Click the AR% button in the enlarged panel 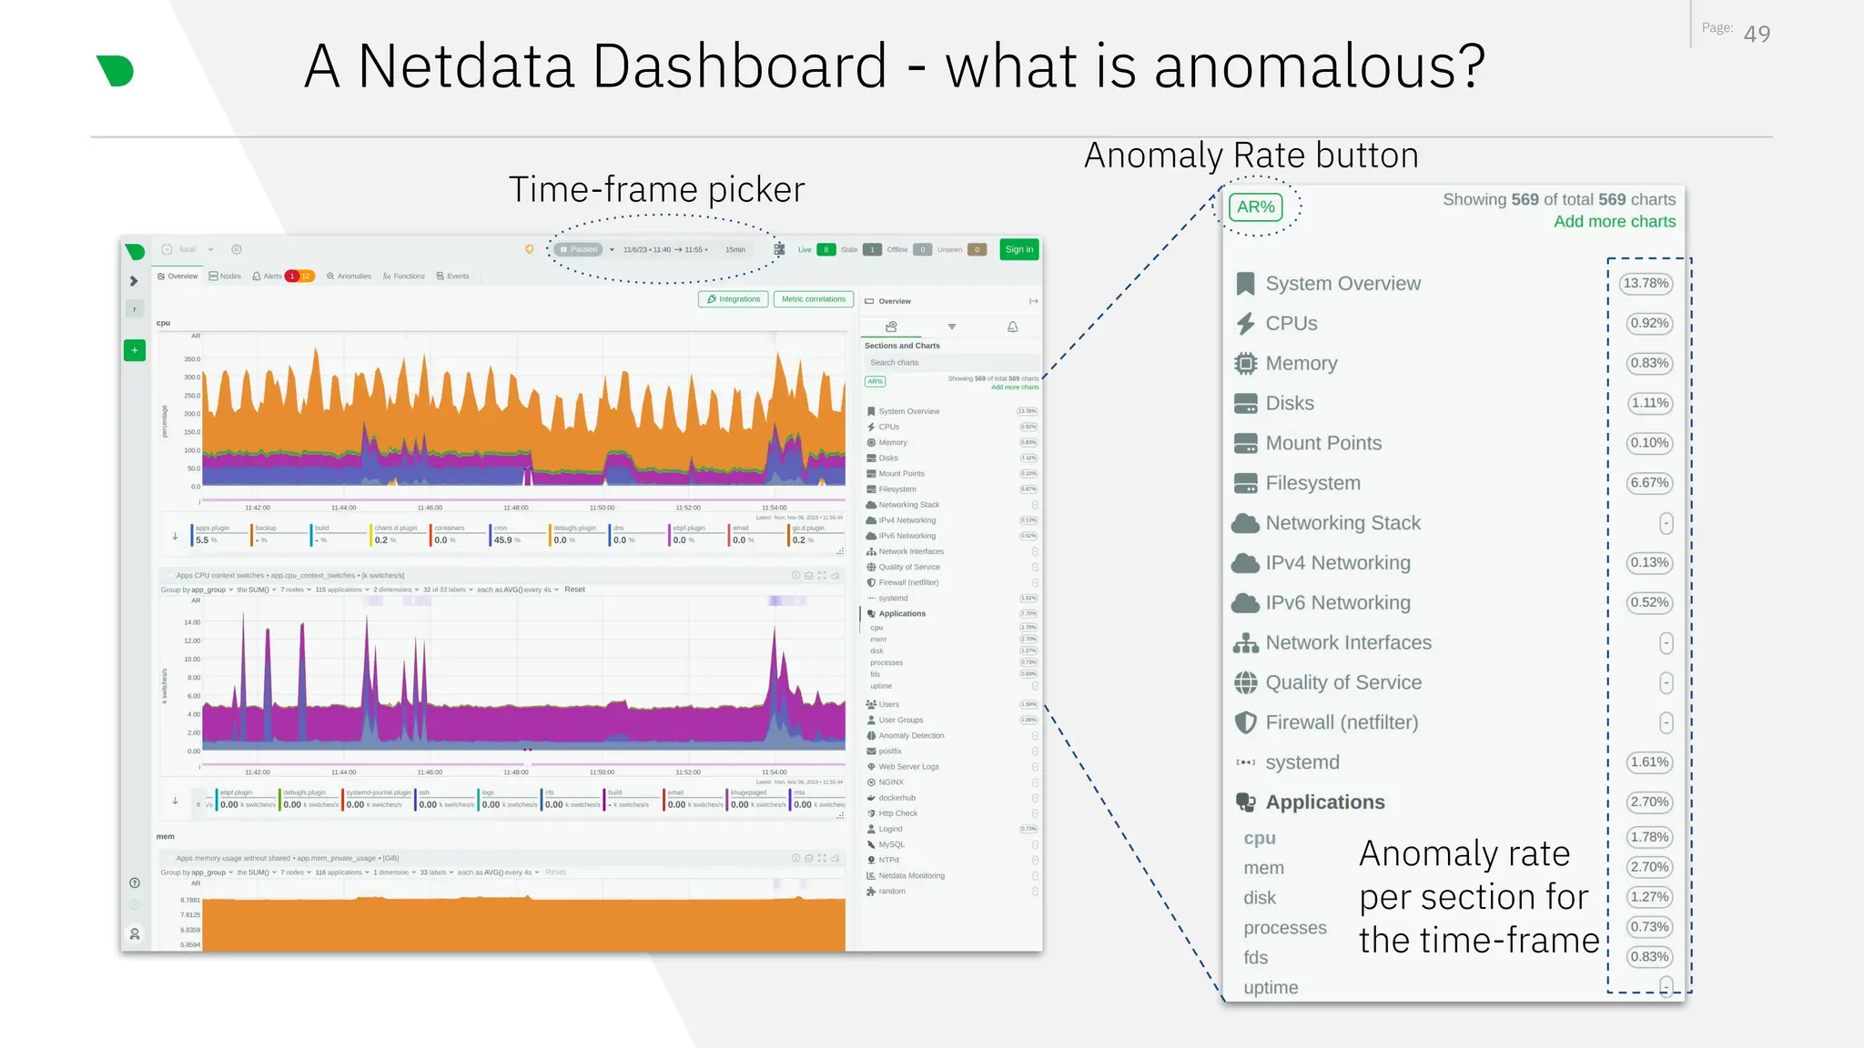(1255, 207)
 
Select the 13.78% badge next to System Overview (1646, 284)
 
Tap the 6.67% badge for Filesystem (1648, 483)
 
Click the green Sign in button (1018, 249)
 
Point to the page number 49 (1757, 35)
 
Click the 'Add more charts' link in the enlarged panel (1614, 222)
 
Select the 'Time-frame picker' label (656, 190)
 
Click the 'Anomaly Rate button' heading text (1251, 156)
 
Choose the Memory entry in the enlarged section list (1301, 364)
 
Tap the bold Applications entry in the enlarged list (1324, 802)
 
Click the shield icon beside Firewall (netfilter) (1245, 722)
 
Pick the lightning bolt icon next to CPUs (1245, 324)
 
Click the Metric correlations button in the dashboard (813, 299)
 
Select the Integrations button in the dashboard (734, 299)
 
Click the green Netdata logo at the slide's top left (116, 71)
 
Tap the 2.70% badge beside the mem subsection (1648, 867)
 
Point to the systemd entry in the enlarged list (1302, 762)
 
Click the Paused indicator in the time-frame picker (580, 249)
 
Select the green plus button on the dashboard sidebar (135, 350)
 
